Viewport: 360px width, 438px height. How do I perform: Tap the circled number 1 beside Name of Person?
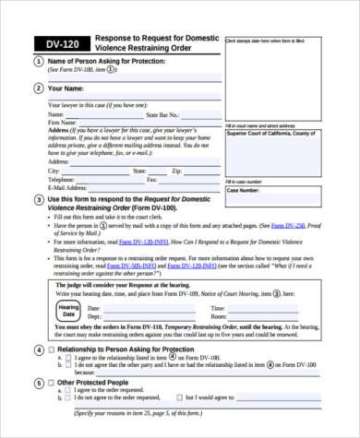point(38,61)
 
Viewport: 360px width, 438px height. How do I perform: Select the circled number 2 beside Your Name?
point(38,89)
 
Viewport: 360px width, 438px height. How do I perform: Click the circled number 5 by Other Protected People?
point(38,382)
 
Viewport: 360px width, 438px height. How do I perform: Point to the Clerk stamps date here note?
point(268,41)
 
